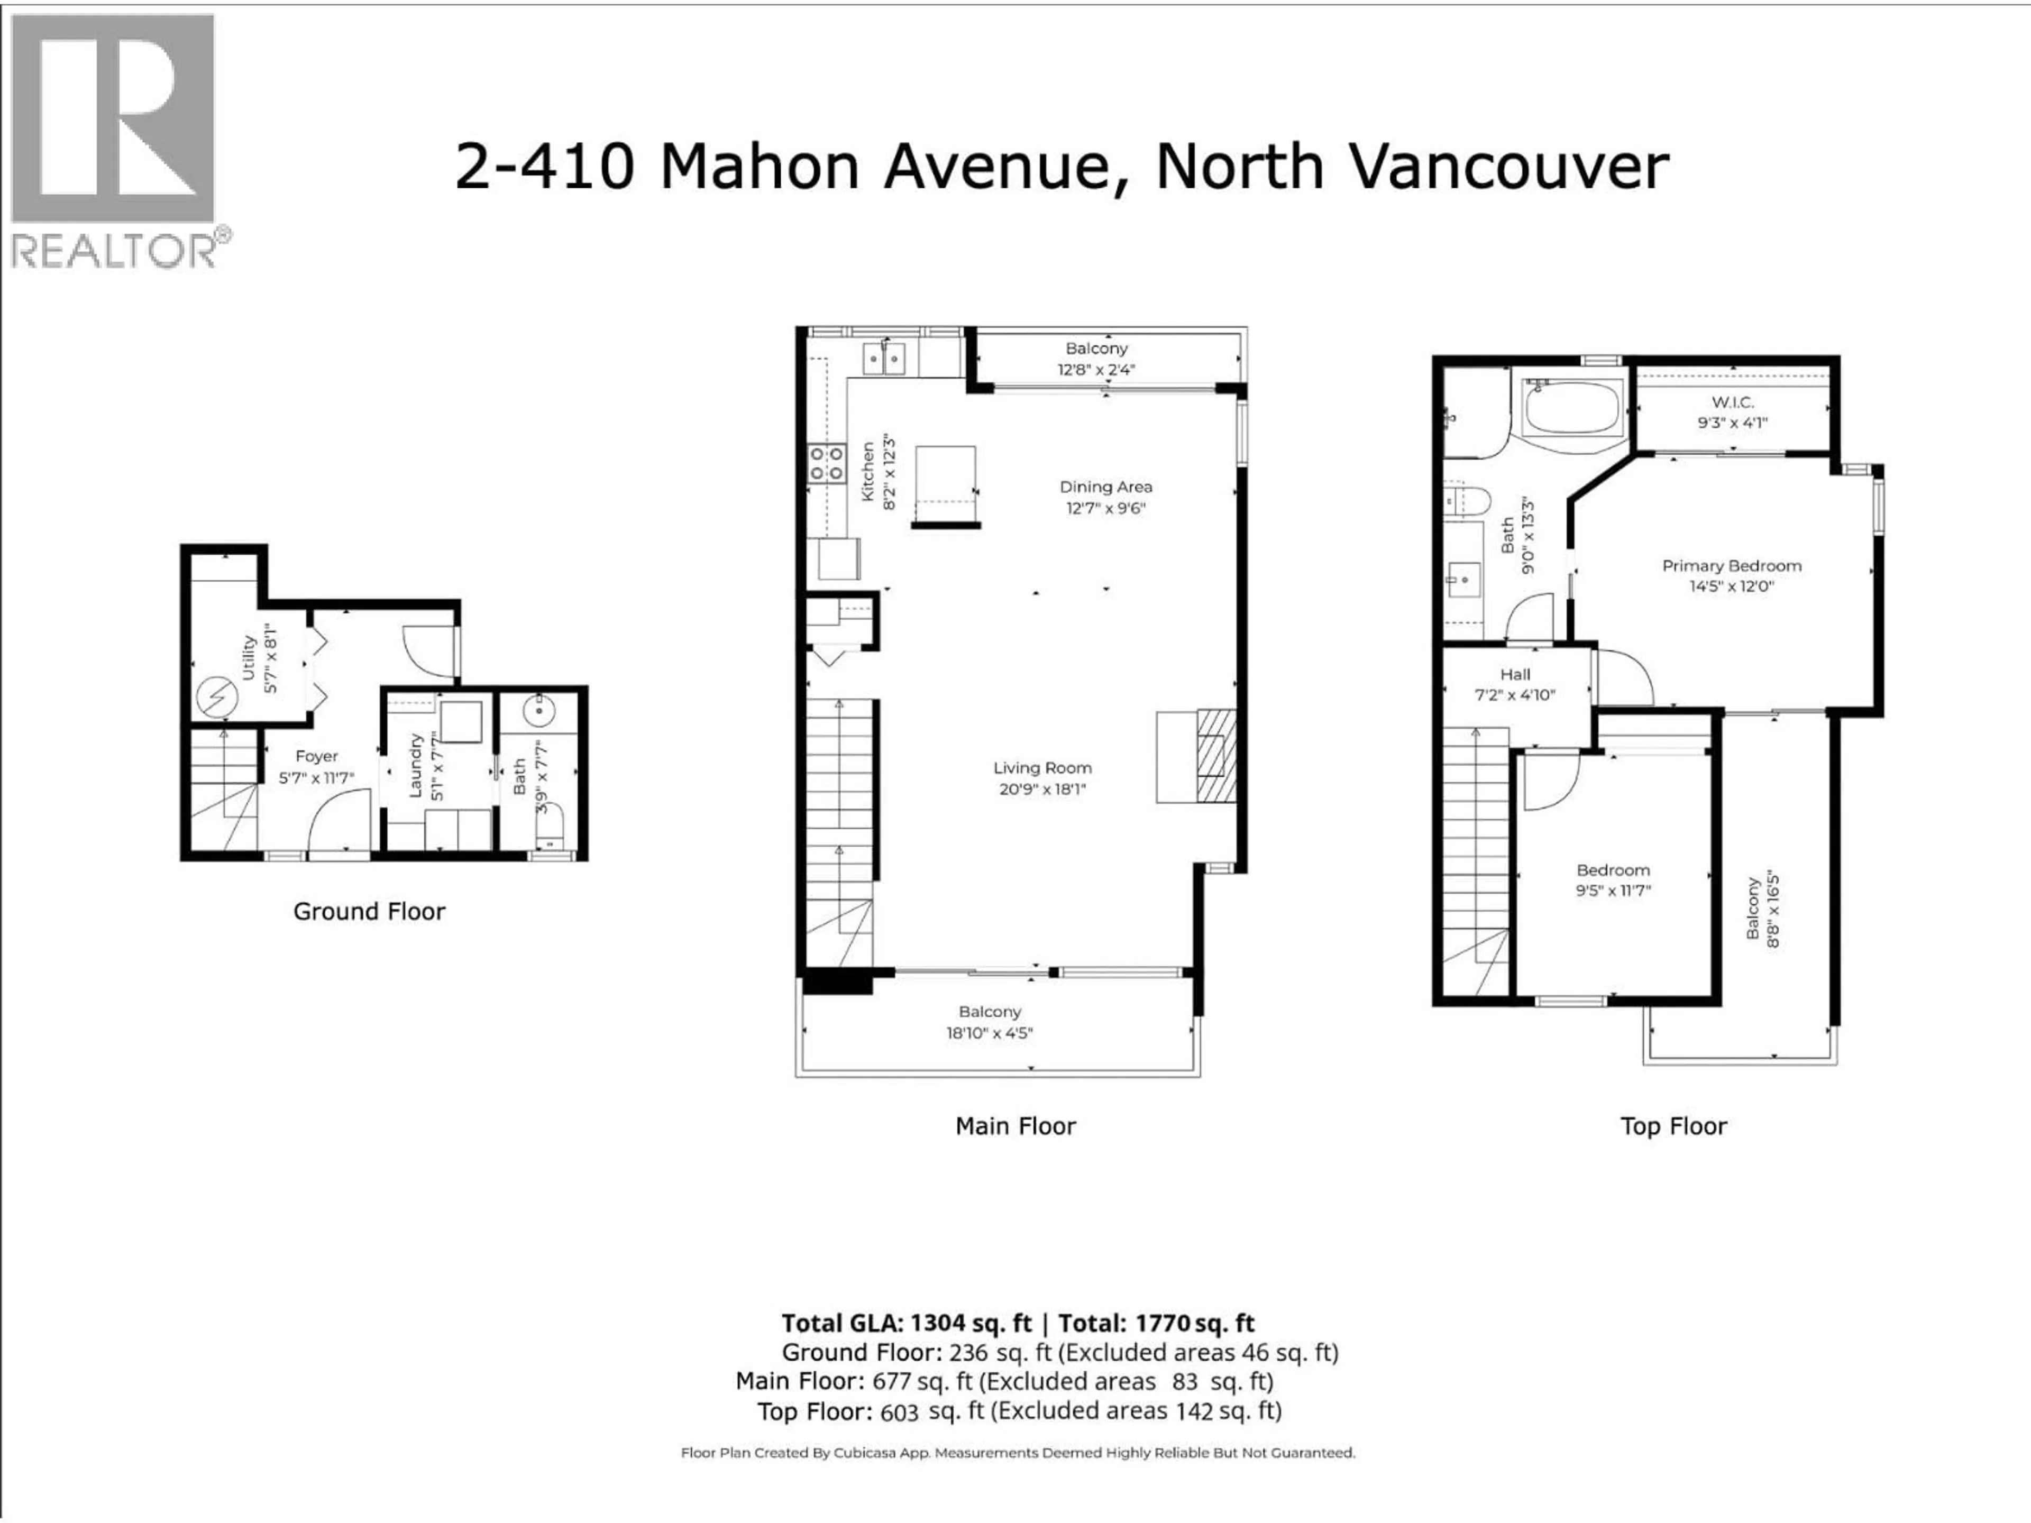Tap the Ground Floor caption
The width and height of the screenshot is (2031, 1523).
[369, 912]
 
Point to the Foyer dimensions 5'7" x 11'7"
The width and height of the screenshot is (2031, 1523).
[317, 777]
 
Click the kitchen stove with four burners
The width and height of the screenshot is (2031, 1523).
[826, 464]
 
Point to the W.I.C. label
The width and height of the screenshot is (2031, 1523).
[1733, 402]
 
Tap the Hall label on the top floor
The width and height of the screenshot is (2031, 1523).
[1514, 675]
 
